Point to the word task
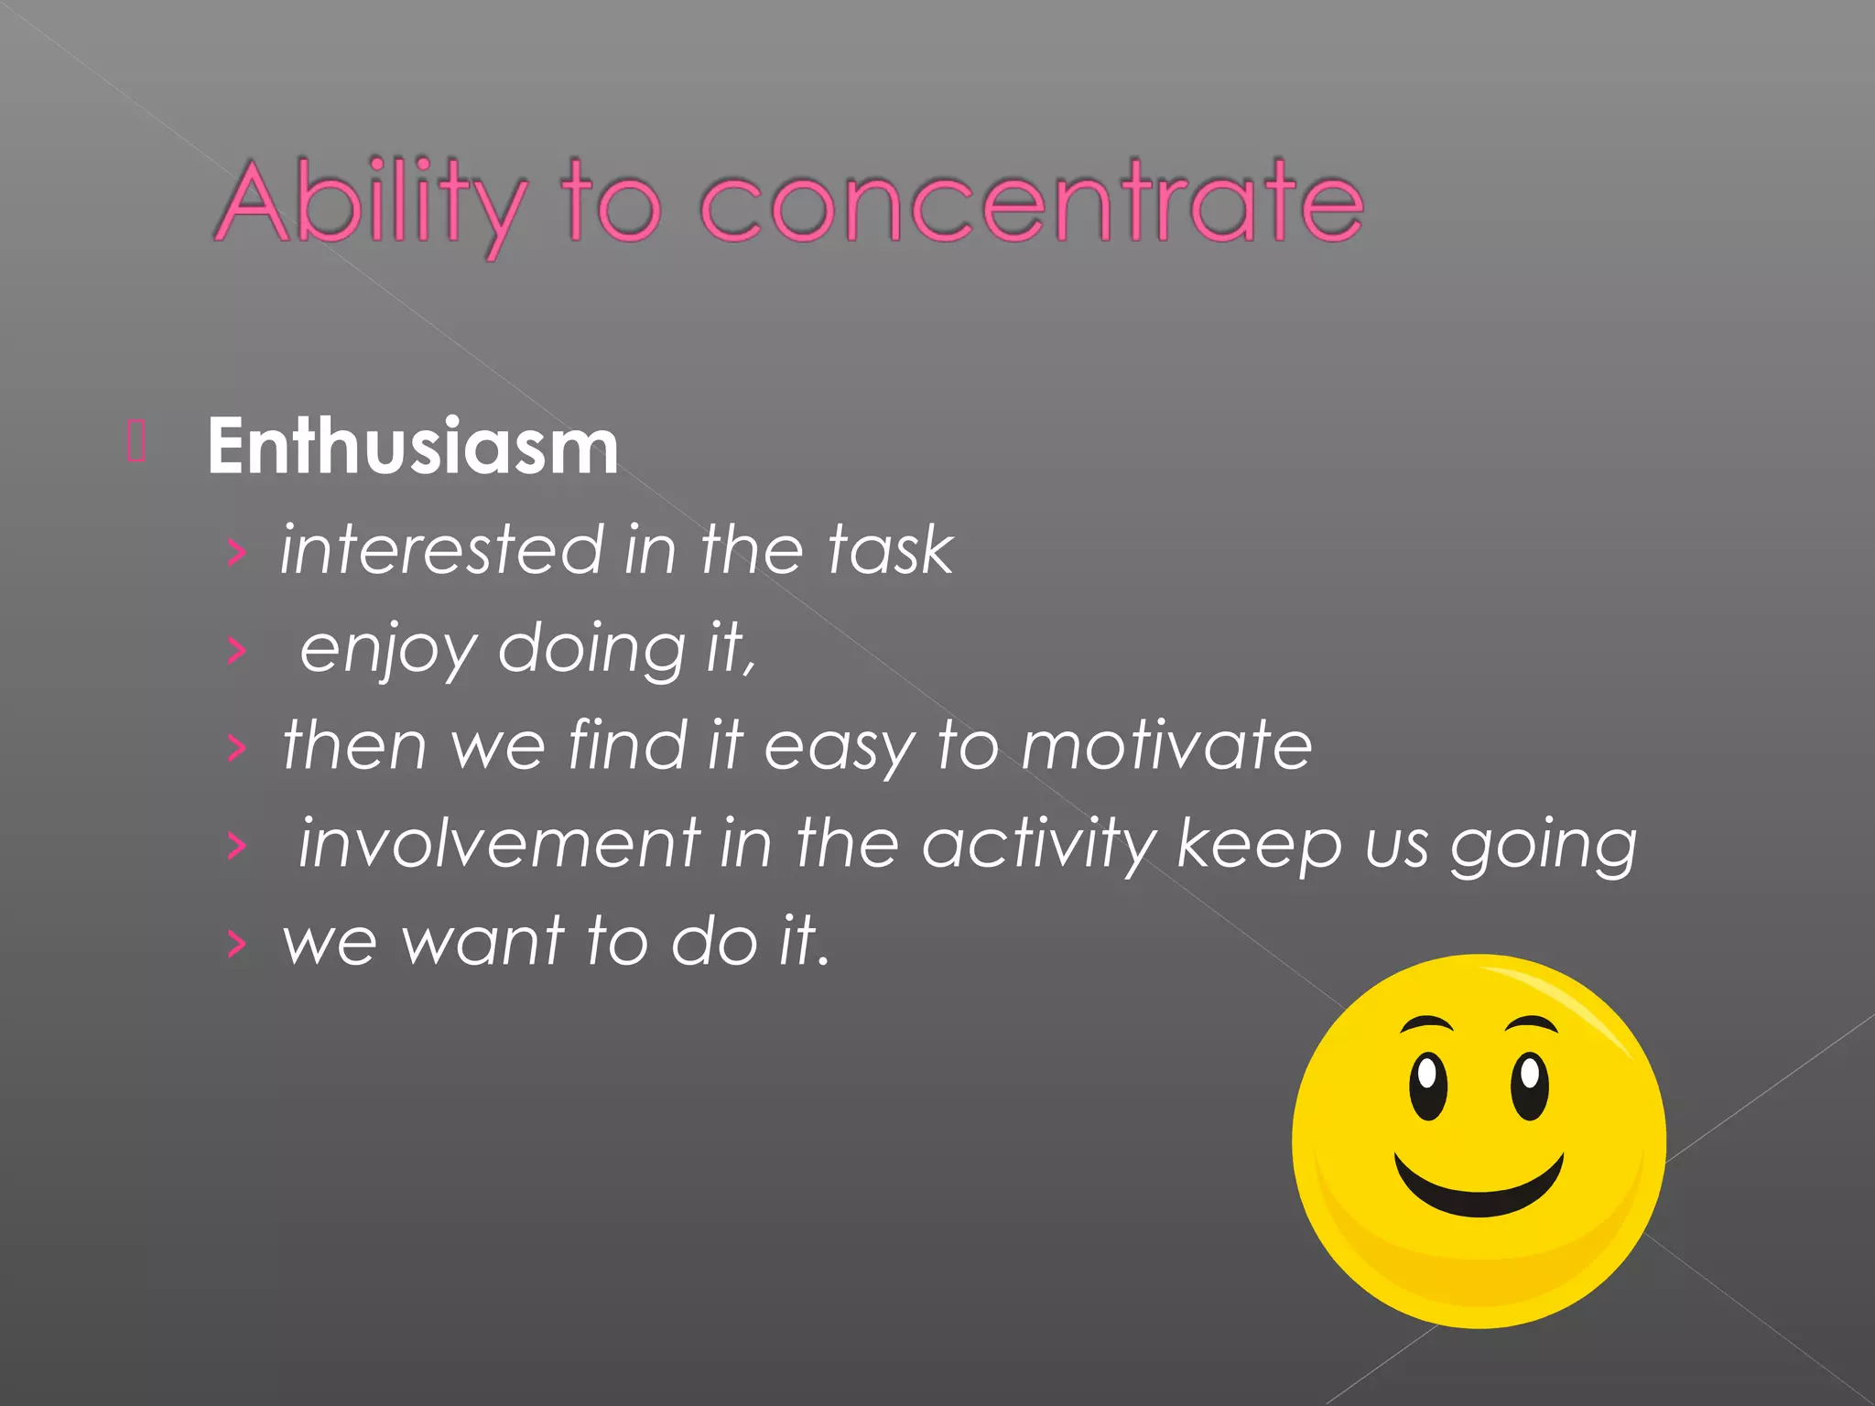pyautogui.click(x=889, y=550)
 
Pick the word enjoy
pyautogui.click(x=388, y=651)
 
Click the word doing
pyautogui.click(x=591, y=651)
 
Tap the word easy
pyautogui.click(x=839, y=747)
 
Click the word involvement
pyautogui.click(x=500, y=843)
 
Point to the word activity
pyautogui.click(x=1039, y=845)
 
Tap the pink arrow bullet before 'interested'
pyautogui.click(x=237, y=552)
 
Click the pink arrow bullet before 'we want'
pyautogui.click(x=237, y=943)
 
